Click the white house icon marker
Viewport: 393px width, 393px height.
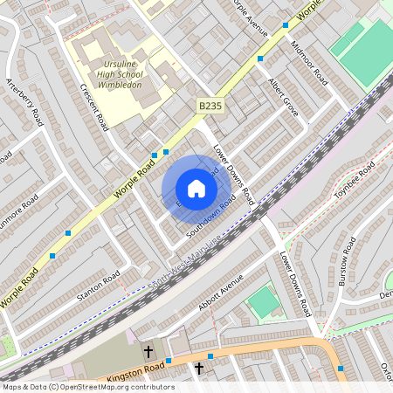(x=196, y=189)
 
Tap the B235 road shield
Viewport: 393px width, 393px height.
(x=209, y=106)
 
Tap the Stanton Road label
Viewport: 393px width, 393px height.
(x=97, y=287)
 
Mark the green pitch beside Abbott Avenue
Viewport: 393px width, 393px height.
(x=264, y=302)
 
